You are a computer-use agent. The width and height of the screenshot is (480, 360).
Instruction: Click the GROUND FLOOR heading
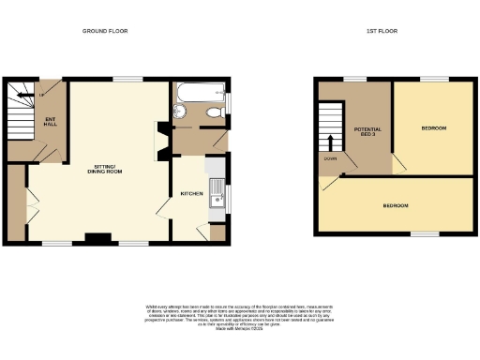(x=104, y=31)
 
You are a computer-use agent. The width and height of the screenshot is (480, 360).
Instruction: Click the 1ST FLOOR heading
(x=382, y=31)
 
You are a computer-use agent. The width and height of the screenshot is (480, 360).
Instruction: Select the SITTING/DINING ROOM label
(x=103, y=170)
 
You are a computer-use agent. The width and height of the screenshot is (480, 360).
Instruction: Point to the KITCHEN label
(x=192, y=193)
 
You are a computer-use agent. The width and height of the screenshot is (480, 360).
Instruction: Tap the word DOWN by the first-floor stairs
(x=331, y=158)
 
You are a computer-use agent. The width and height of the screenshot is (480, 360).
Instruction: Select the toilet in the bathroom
(x=215, y=112)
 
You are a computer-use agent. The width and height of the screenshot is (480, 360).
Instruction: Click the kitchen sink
(x=216, y=195)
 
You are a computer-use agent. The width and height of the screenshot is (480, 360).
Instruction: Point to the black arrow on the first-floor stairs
(x=330, y=141)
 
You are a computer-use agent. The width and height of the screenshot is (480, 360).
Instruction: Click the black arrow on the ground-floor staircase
(x=41, y=94)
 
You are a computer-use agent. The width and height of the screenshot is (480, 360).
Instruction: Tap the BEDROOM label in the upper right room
(x=433, y=127)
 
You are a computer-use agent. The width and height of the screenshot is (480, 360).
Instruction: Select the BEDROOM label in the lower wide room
(x=396, y=203)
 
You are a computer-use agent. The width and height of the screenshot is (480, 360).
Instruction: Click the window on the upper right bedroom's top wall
(x=432, y=80)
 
